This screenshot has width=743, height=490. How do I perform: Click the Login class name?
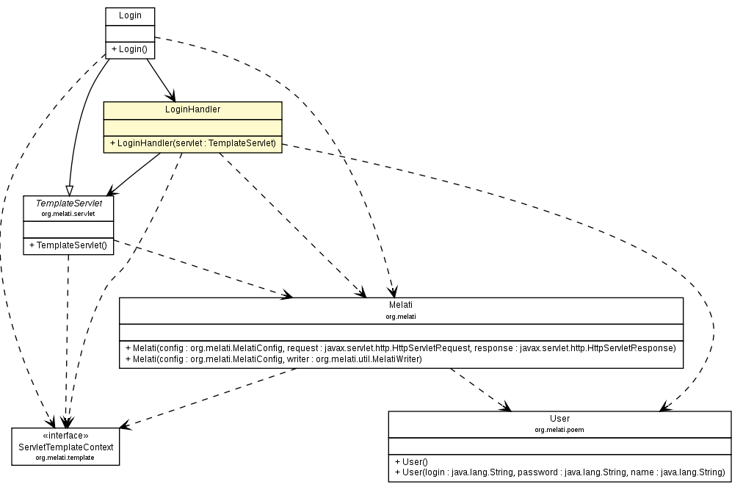tap(130, 15)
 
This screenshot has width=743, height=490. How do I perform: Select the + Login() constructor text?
tap(129, 49)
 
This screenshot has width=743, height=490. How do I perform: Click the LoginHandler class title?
tap(193, 109)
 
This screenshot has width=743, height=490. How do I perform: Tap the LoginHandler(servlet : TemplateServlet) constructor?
tap(193, 143)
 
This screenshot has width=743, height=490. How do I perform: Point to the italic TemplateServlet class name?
tap(68, 203)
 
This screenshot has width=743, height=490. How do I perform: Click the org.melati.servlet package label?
tap(68, 213)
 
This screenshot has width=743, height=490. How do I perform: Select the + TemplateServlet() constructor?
tap(68, 245)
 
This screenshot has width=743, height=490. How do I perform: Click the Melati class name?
tap(401, 305)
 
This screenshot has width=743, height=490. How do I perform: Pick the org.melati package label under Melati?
tap(401, 316)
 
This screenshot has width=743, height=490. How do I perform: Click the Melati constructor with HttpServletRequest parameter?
tap(401, 347)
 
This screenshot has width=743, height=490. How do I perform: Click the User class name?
tap(559, 418)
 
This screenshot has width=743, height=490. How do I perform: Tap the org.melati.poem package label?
tap(559, 429)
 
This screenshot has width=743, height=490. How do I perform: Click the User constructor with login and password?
tap(559, 472)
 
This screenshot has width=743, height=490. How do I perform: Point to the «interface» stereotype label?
tap(66, 435)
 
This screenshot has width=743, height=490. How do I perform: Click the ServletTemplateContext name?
tap(66, 447)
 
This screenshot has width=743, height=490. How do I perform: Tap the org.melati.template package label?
tap(66, 457)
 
